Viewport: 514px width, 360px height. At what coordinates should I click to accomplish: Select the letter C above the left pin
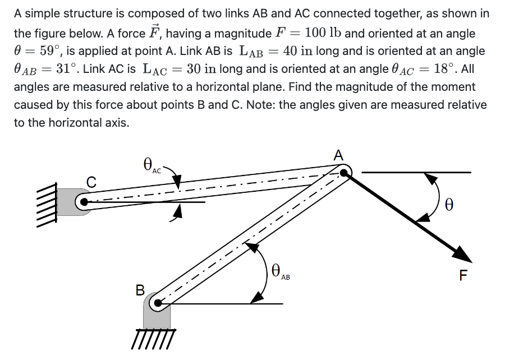coord(91,182)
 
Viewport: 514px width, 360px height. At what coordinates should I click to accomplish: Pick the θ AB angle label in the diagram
coord(280,273)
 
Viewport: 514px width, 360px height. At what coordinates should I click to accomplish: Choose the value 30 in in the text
coord(204,69)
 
